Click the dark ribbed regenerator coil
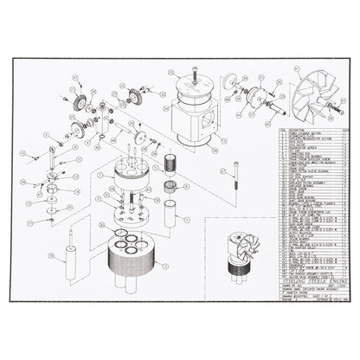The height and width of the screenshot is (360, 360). pyautogui.click(x=170, y=164)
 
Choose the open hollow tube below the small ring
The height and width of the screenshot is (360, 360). pyautogui.click(x=170, y=212)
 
